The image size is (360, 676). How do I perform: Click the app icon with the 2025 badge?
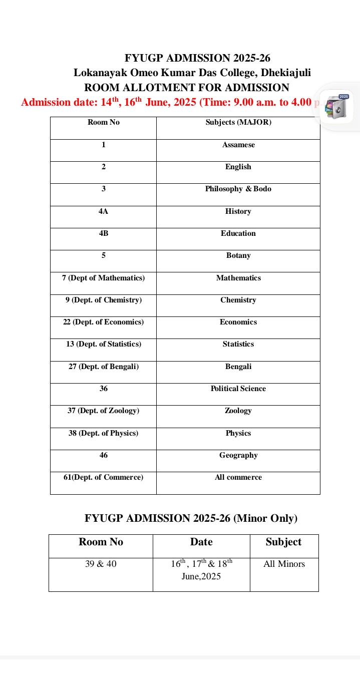click(336, 107)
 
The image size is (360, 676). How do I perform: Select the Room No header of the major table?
click(104, 122)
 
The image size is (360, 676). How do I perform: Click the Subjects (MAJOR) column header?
click(238, 122)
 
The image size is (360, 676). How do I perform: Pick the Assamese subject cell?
click(238, 145)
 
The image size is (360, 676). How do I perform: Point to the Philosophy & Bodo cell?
click(238, 189)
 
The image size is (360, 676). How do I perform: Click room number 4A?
click(104, 211)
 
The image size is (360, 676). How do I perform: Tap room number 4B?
click(104, 233)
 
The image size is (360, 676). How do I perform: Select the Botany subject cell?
click(238, 256)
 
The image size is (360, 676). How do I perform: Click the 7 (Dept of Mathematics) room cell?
click(104, 278)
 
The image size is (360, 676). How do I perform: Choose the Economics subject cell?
click(238, 322)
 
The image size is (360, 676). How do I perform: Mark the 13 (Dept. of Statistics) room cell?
click(104, 345)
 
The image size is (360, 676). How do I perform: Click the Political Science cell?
click(238, 389)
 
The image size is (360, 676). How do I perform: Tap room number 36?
click(104, 389)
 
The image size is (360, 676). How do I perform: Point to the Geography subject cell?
click(238, 455)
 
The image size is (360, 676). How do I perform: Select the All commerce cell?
click(238, 477)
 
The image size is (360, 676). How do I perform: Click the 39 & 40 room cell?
click(101, 564)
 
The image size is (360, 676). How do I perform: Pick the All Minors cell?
click(284, 564)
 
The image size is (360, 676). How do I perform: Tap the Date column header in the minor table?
click(201, 542)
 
